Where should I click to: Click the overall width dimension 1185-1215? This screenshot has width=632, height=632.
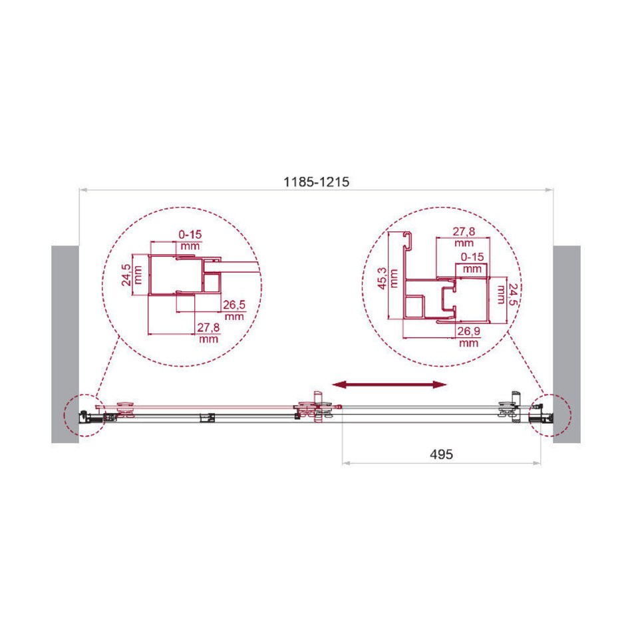click(316, 182)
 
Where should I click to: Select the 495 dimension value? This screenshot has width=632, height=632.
click(441, 454)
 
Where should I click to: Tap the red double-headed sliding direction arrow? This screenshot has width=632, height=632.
click(389, 385)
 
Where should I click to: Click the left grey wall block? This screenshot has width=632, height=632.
click(65, 344)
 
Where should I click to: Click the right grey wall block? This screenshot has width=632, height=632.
click(567, 344)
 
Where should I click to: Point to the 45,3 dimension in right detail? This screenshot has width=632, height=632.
click(382, 278)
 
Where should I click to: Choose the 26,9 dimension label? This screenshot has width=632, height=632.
click(468, 331)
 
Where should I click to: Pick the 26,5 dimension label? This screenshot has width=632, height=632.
click(234, 305)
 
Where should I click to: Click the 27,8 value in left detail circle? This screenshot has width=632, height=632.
click(208, 327)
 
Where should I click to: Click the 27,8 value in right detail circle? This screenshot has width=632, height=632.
click(464, 232)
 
